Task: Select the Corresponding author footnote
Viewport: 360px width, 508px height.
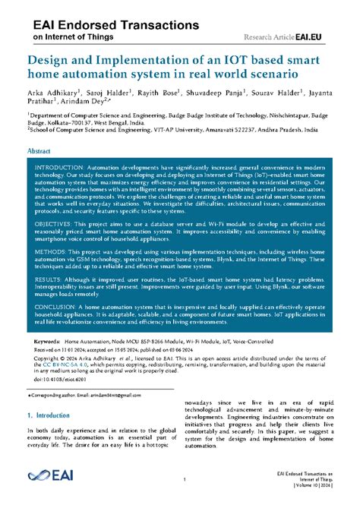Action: point(76,397)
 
